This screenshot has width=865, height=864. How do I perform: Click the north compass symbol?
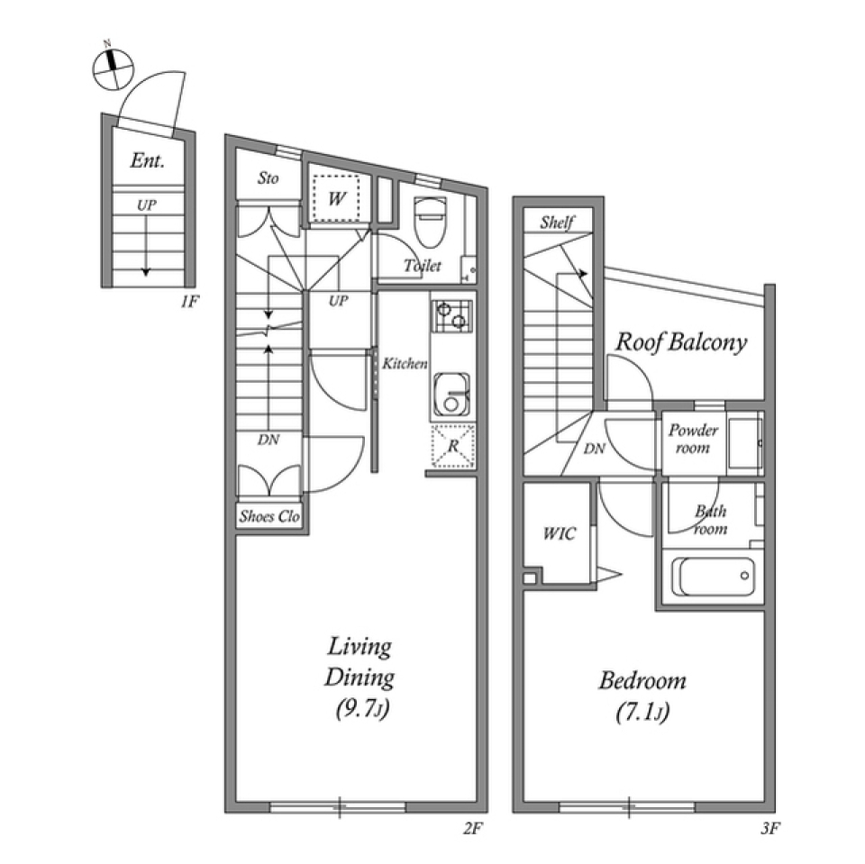tap(113, 68)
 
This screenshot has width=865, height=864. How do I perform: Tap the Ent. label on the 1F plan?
tap(147, 160)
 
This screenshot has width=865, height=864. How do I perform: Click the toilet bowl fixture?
tap(430, 223)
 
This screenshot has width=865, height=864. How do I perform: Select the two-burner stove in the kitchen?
tap(451, 315)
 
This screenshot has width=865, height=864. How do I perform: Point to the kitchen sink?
tap(451, 394)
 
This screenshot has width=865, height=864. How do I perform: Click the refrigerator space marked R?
tap(453, 446)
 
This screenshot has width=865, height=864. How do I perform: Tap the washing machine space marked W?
tap(336, 198)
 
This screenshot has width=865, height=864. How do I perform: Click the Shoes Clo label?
tap(269, 516)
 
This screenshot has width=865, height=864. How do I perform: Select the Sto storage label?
tap(269, 178)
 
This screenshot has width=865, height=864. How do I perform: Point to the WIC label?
tap(559, 533)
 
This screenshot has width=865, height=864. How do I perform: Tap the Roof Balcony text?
tap(681, 342)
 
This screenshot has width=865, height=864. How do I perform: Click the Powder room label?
tap(694, 439)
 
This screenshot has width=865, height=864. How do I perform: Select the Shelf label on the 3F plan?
tap(557, 223)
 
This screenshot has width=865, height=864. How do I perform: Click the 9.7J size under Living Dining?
tap(362, 708)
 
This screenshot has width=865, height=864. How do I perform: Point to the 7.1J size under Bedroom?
tap(642, 712)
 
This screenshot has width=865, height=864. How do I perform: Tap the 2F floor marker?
tap(473, 828)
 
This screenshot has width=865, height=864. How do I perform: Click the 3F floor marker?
tap(770, 828)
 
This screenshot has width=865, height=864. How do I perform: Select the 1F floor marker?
tap(189, 302)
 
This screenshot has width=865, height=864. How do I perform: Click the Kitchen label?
tap(405, 364)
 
